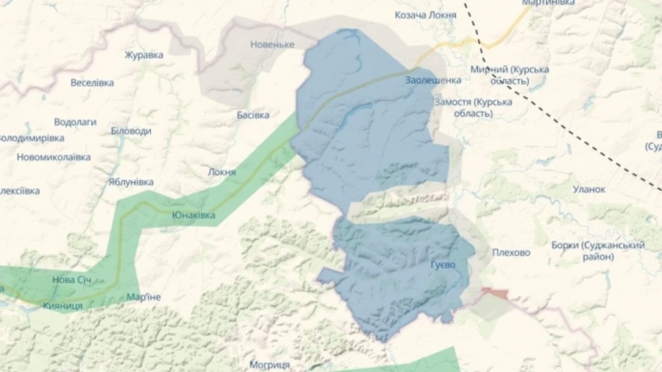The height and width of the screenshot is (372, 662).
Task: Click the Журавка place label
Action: click(143, 55)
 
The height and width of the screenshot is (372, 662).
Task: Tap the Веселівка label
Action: click(92, 83)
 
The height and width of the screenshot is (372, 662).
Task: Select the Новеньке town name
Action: click(272, 44)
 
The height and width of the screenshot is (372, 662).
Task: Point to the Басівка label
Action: click(253, 116)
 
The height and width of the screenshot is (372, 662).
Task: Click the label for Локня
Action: click(222, 172)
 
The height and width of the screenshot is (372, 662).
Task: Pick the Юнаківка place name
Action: click(193, 215)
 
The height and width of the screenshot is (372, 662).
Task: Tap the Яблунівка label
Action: click(131, 182)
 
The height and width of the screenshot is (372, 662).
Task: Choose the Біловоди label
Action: click(131, 130)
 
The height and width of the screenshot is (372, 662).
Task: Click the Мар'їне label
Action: click(144, 297)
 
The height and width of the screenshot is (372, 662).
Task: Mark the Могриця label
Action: click(269, 365)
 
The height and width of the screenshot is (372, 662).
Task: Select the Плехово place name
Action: click(510, 253)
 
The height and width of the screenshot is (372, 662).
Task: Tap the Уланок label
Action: click(589, 189)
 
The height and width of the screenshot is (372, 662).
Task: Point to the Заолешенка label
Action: click(433, 80)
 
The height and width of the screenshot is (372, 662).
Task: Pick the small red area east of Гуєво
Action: click(495, 293)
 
